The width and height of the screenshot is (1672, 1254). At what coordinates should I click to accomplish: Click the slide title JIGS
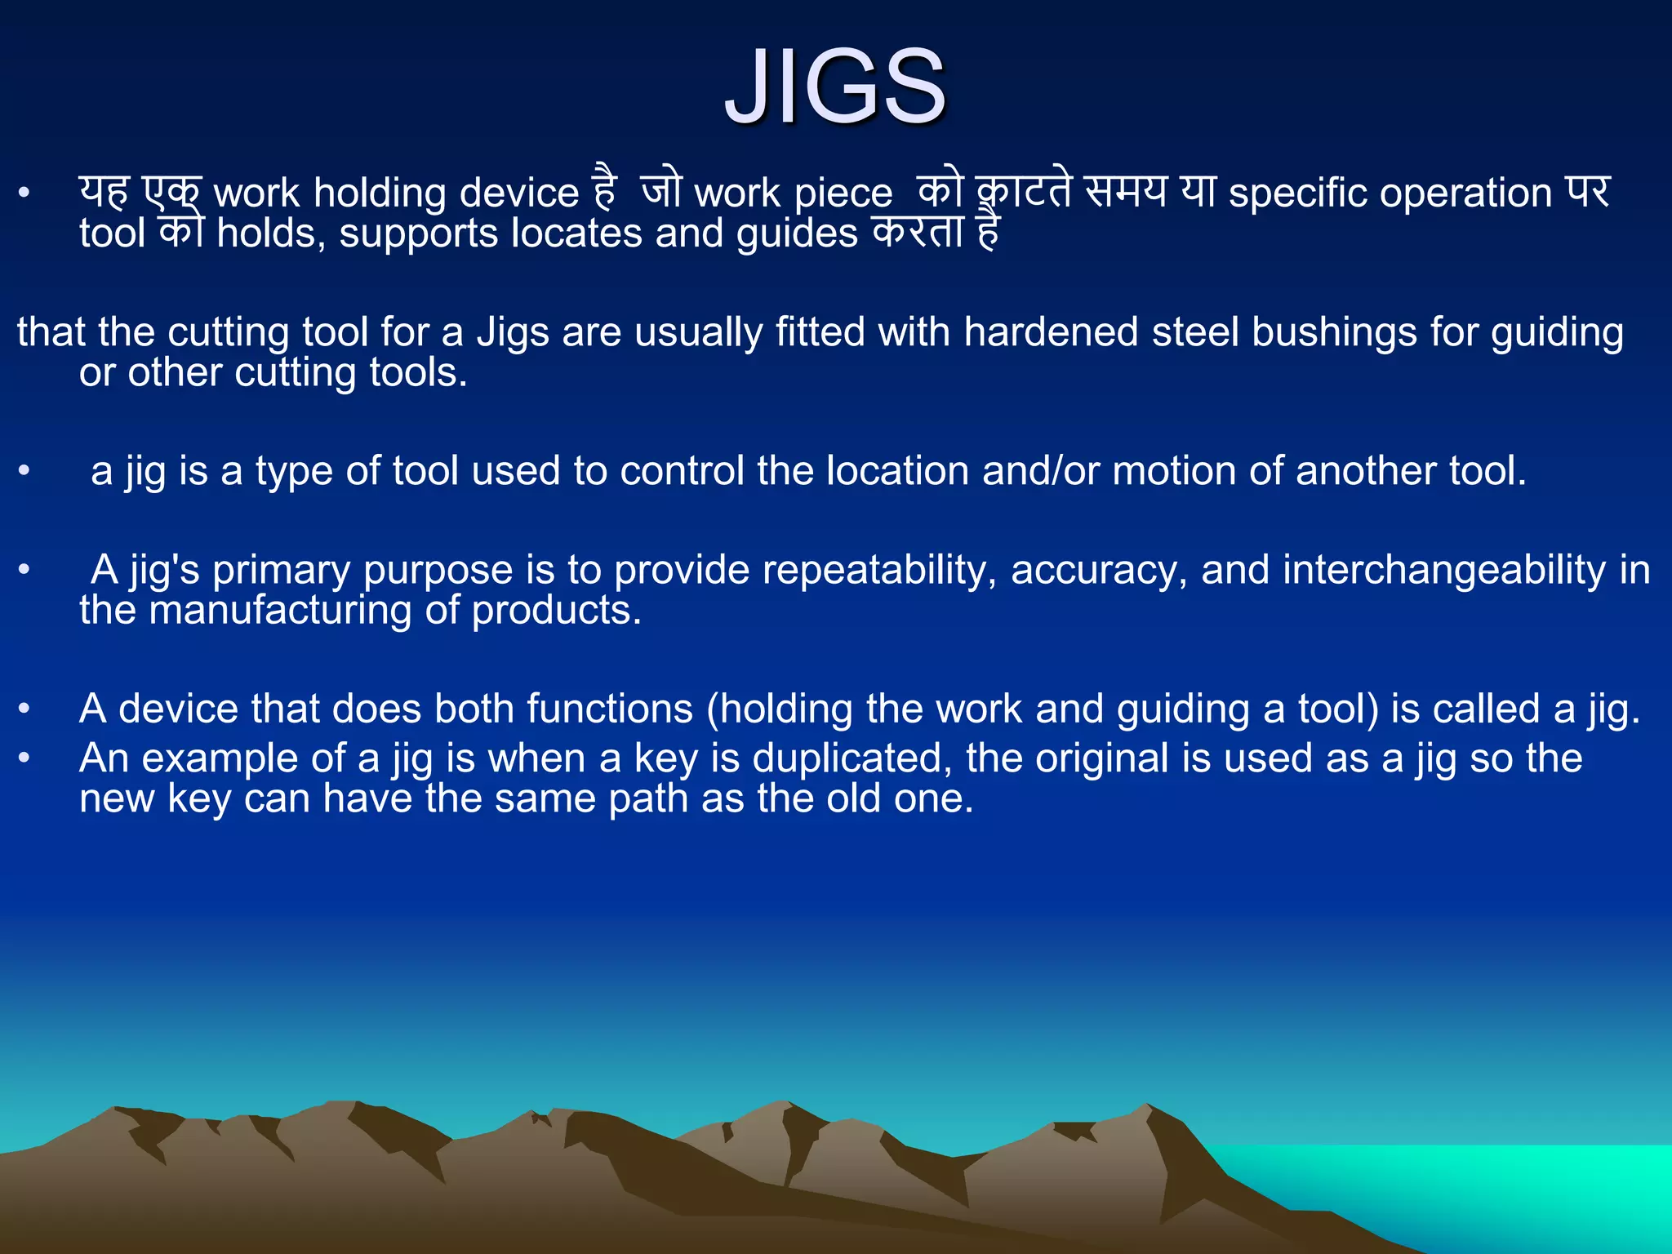835,87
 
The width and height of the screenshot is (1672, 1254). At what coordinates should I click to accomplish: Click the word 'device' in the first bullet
519,193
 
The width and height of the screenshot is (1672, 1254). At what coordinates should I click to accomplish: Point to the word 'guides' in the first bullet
797,234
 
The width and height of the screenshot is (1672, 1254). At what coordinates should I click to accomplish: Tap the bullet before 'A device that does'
24,709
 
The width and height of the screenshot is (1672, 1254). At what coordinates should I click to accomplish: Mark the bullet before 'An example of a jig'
24,758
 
